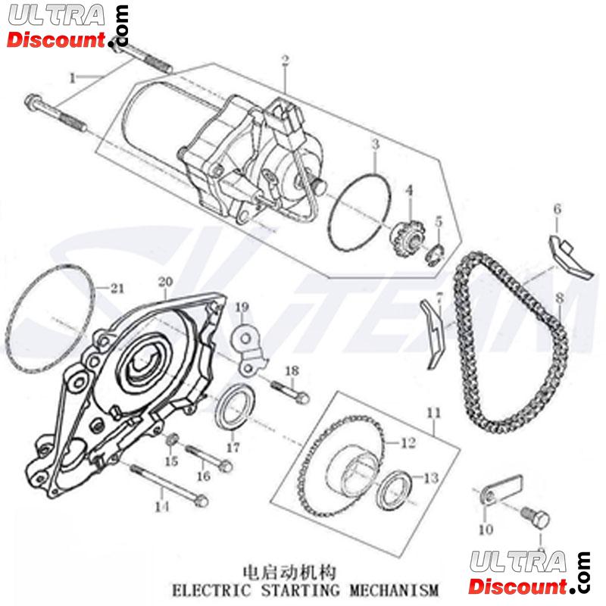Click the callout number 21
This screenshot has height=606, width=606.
(114, 286)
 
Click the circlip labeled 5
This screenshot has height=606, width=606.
(436, 252)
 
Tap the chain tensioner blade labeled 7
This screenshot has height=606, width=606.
(431, 330)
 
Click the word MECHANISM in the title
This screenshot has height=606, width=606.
(393, 589)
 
